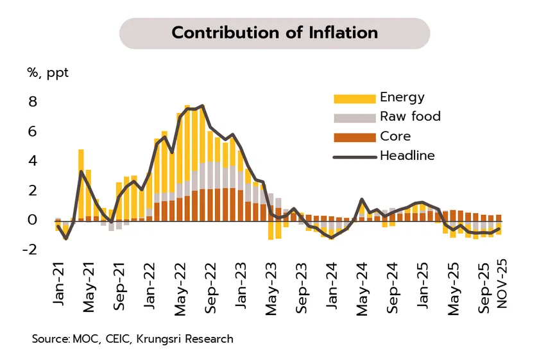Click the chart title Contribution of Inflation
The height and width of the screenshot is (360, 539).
(275, 33)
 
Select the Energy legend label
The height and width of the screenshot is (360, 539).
(402, 98)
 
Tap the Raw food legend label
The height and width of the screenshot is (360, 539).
(410, 117)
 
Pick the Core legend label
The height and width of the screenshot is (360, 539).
(395, 136)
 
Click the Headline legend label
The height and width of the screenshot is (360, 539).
(407, 155)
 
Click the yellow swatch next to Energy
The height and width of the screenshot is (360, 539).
(354, 98)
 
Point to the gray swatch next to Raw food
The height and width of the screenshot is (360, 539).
(354, 117)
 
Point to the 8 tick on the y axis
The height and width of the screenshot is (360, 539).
(32, 102)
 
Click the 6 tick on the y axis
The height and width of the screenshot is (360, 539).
(32, 132)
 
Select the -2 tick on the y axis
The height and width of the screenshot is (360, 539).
(30, 249)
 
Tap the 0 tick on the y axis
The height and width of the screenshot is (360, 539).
(32, 220)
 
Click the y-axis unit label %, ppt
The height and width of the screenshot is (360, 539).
(47, 73)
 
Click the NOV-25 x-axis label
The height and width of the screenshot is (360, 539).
(502, 284)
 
